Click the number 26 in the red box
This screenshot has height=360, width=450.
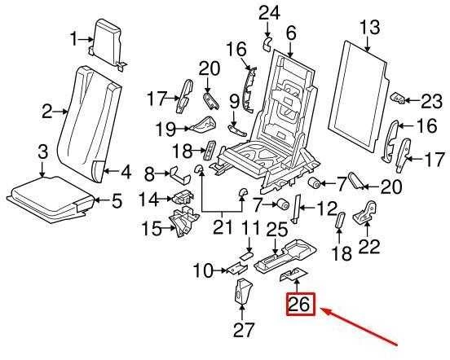299,304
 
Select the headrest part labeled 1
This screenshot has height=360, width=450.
108,43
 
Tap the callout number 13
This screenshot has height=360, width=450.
369,28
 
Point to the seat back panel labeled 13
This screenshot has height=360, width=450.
359,96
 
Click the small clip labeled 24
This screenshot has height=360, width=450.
267,44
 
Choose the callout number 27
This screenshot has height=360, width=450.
244,330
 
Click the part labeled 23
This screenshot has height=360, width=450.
399,98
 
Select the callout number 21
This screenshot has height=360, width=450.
223,227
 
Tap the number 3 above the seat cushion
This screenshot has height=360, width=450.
42,152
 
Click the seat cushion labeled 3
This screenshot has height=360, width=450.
51,199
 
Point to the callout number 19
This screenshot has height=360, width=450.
165,129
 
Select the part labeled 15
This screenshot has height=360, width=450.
183,222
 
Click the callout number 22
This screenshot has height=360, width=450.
369,245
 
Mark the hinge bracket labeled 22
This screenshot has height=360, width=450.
364,213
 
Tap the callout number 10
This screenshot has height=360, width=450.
204,270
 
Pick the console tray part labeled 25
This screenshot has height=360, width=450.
285,255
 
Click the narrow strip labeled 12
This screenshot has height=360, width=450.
296,209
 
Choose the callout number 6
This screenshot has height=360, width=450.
291,34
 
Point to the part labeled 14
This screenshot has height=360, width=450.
183,196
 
